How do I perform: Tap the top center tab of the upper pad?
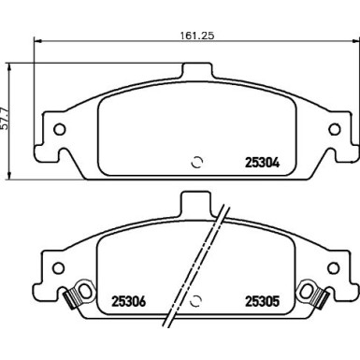tap(194, 72)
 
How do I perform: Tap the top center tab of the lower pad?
tap(194, 201)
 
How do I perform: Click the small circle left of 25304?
tap(196, 160)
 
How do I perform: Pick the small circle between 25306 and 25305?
tap(196, 302)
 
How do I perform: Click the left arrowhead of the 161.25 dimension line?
tap(36, 41)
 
